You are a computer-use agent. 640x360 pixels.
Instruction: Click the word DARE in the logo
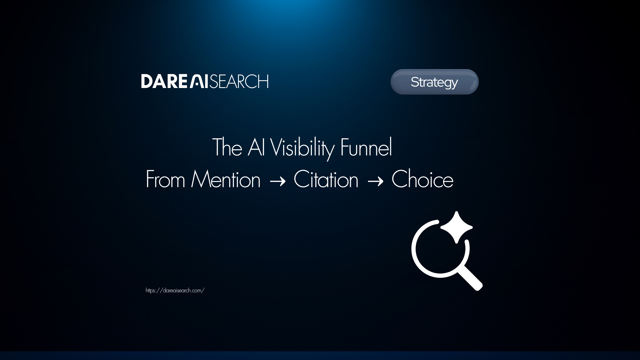164,81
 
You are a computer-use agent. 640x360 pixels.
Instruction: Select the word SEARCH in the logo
239,81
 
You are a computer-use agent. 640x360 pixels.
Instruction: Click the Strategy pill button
434,82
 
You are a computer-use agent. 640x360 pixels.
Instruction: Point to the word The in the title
227,147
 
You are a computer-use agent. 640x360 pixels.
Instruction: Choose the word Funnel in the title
366,147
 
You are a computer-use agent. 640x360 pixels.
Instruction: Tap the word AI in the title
256,147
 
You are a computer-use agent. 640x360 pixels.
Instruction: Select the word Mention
226,179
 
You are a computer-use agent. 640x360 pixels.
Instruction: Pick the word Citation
326,179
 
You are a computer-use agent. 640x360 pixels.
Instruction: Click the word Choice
422,179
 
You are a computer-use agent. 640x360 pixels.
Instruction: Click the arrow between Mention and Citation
277,181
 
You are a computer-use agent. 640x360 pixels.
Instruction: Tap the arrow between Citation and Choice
375,181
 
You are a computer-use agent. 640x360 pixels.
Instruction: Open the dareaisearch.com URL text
175,291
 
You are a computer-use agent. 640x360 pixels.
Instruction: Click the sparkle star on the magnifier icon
457,227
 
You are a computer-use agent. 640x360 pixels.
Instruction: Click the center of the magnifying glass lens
440,249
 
